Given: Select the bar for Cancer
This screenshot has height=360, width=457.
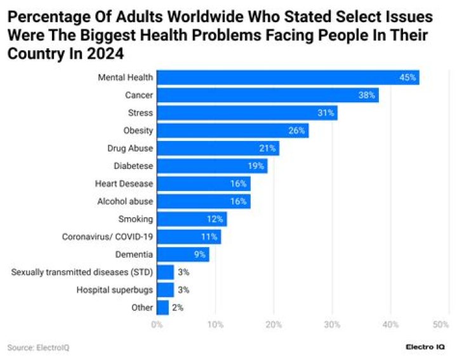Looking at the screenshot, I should (267, 95).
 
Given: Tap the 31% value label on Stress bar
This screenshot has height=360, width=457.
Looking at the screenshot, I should (326, 113).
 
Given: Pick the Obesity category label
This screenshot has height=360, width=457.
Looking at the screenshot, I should (138, 131).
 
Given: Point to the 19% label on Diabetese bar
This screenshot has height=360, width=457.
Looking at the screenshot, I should (256, 166).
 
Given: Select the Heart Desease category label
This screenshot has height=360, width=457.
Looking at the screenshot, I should (124, 183).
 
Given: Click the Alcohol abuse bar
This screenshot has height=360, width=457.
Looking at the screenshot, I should (203, 201).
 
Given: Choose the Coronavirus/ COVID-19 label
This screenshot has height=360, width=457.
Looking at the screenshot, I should (107, 237).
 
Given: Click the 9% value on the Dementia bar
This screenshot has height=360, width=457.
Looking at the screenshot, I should (200, 255).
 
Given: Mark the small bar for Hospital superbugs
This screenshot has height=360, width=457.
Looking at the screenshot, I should (165, 290).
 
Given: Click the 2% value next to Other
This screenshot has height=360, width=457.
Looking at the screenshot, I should (178, 308).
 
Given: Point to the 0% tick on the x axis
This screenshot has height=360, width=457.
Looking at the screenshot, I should (157, 324).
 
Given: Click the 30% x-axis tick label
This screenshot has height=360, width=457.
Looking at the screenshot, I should (332, 324).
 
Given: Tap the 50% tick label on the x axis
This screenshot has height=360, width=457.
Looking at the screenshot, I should (440, 324).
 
